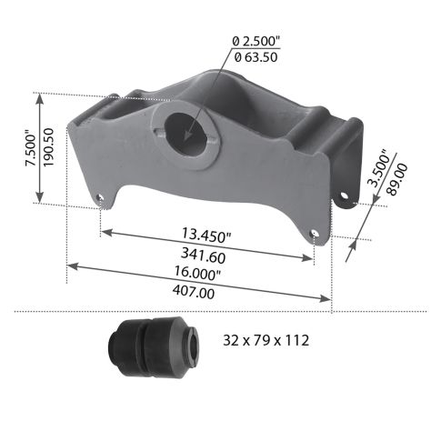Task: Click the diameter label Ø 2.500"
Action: coord(256,41)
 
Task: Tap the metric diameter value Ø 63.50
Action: coord(256,56)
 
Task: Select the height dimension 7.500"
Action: coord(30,145)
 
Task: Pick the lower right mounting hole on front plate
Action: coord(315,232)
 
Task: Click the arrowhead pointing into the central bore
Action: coord(187,136)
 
